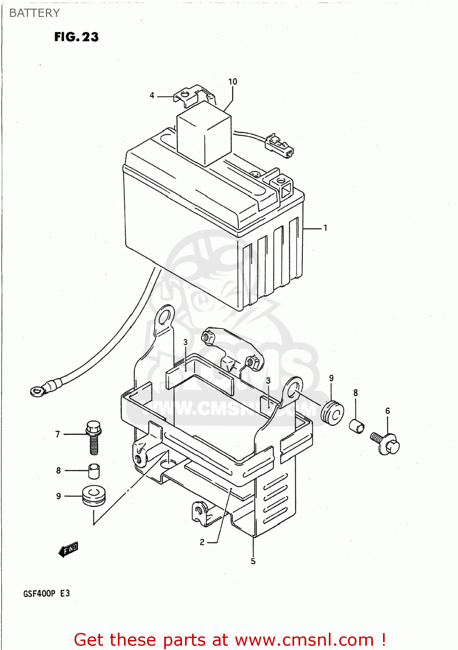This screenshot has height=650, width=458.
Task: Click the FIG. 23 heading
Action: point(76,37)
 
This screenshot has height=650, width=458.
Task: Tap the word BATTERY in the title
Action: point(34,13)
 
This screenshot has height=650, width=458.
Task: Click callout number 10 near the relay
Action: point(233,82)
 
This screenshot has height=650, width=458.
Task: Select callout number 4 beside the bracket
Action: point(152,95)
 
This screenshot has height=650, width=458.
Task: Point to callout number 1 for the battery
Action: point(325,227)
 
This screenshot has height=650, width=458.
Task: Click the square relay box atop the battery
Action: point(204,132)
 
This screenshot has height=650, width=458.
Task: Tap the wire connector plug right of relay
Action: point(279,145)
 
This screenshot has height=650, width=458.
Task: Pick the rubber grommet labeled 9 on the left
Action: point(94,496)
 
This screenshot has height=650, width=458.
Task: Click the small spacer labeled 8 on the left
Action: point(94,471)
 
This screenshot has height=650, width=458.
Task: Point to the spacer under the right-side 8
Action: point(357,426)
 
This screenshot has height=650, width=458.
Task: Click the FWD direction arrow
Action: point(68,549)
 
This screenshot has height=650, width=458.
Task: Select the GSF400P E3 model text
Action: point(46,593)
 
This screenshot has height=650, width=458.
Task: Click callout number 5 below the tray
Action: point(253,561)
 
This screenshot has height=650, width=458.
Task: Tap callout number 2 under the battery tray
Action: point(202,542)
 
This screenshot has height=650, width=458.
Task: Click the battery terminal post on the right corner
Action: point(284,184)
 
